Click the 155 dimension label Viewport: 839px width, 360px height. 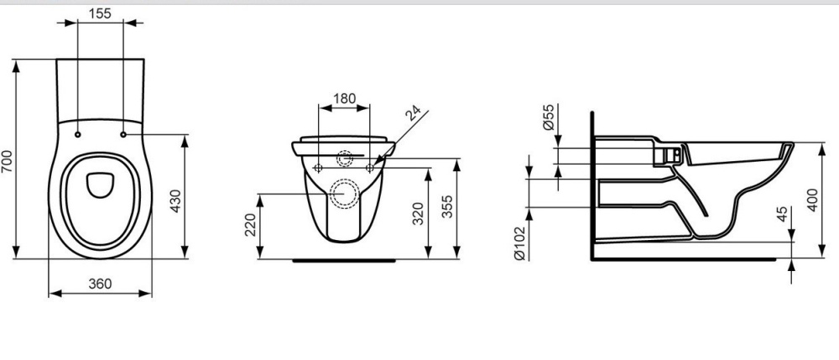101,13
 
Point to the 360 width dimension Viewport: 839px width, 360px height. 101,284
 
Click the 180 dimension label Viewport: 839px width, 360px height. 345,97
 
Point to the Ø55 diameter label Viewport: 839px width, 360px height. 549,117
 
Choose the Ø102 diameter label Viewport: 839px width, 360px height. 519,241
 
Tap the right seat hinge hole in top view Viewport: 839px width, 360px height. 123,134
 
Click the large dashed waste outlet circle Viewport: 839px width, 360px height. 345,193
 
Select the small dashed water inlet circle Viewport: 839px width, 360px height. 345,159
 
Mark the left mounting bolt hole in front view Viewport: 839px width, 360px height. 318,169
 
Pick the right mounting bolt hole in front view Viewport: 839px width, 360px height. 371,169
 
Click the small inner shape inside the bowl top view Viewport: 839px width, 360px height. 100,183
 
